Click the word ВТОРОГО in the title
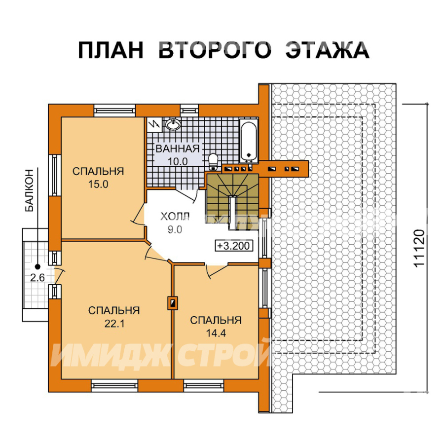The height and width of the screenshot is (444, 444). [215, 50]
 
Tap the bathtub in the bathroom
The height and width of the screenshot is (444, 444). [249, 141]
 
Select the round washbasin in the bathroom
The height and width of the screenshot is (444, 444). [173, 124]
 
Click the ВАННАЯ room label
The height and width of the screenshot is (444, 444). [178, 148]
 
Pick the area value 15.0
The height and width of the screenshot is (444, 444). [98, 185]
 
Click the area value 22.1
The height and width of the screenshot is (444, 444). [114, 323]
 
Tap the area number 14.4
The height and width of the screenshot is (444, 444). [216, 333]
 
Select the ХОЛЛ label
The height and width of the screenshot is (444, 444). [175, 217]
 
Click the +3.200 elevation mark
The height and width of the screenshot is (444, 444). [234, 246]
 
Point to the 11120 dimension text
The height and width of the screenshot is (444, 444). [419, 248]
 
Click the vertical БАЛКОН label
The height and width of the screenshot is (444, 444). [30, 190]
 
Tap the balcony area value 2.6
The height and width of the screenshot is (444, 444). [37, 278]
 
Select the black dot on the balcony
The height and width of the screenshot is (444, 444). [37, 267]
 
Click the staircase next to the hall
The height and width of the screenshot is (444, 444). [232, 198]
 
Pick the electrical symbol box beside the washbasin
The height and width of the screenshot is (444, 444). [154, 124]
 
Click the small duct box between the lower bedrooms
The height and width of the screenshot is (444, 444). [173, 303]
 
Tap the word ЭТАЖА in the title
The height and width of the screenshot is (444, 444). [327, 50]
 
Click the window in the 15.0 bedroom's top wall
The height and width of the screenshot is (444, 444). [114, 111]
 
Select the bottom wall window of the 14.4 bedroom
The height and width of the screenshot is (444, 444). [204, 386]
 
